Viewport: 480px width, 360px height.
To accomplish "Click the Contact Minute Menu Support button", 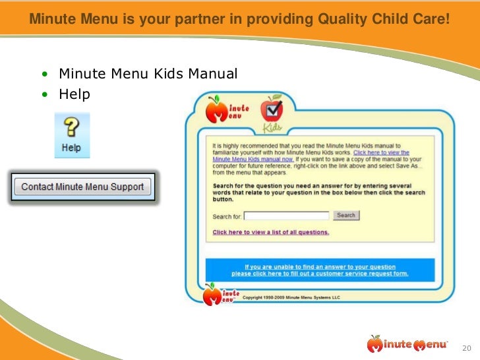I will tap(82, 187).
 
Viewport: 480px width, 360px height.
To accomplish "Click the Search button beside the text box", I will tap(346, 216).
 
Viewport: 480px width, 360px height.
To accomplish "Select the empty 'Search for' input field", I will tap(287, 216).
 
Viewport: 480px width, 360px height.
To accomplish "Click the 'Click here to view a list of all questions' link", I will tap(270, 232).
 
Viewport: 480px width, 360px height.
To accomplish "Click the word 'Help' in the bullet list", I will tap(74, 94).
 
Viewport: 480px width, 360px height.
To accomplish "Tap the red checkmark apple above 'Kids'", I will tap(271, 107).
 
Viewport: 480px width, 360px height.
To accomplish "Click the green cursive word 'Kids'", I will tap(272, 127).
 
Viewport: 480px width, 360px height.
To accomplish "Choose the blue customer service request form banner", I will tap(320, 270).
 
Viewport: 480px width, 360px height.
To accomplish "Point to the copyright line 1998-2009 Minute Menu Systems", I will tap(291, 298).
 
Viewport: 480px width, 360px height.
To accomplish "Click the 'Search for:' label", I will tap(227, 216).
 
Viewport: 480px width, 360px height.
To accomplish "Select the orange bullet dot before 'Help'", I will tap(45, 95).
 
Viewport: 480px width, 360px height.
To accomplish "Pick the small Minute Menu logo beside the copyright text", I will tap(219, 294).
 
